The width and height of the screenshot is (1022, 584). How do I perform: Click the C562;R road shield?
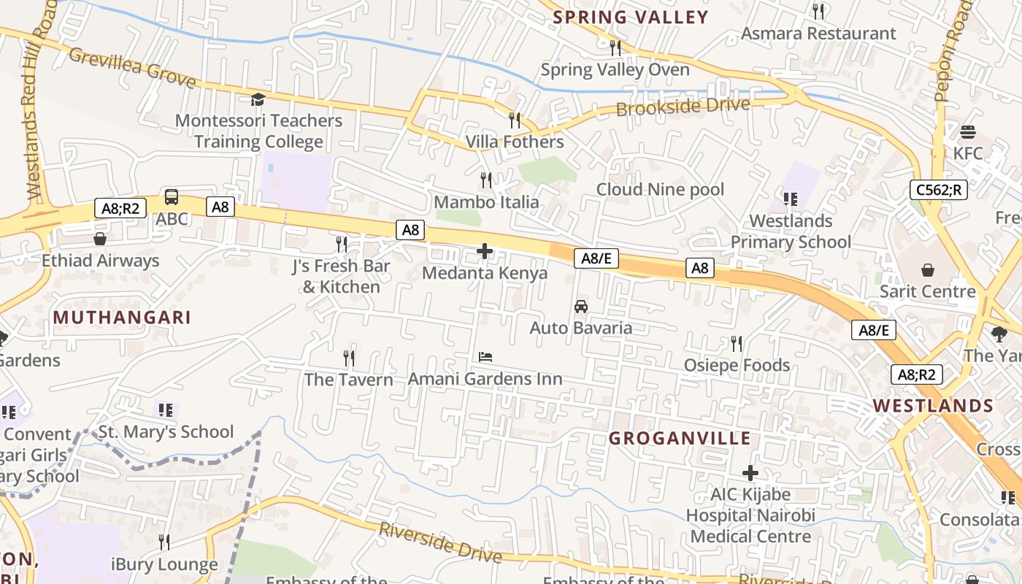(940, 190)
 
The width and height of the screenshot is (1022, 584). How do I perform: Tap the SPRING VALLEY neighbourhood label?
(631, 18)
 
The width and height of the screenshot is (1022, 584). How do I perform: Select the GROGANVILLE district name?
(680, 438)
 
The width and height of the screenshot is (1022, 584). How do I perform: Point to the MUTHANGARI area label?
(122, 318)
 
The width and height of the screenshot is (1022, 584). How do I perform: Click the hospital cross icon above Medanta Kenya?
(485, 252)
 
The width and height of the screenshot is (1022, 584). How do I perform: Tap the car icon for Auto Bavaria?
(581, 307)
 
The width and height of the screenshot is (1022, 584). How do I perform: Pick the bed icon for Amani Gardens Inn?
(485, 357)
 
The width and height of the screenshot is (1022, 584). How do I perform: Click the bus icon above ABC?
(172, 197)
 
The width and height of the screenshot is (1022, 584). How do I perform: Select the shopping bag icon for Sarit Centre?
(928, 271)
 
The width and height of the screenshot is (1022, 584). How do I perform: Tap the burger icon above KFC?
(968, 132)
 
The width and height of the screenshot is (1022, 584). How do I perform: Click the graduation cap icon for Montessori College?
(258, 99)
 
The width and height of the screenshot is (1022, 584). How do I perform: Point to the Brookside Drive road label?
(683, 107)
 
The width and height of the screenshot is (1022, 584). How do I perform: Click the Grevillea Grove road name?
(133, 67)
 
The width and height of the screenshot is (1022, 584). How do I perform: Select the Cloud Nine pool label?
(660, 190)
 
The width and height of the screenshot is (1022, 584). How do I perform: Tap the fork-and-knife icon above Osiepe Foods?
(737, 344)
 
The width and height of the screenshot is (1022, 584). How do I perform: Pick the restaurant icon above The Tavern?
(349, 358)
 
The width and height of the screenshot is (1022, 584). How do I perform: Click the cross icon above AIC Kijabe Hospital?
(750, 473)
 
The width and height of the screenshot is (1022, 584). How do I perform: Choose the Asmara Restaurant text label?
(818, 34)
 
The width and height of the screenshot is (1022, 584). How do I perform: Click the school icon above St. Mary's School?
(166, 410)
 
